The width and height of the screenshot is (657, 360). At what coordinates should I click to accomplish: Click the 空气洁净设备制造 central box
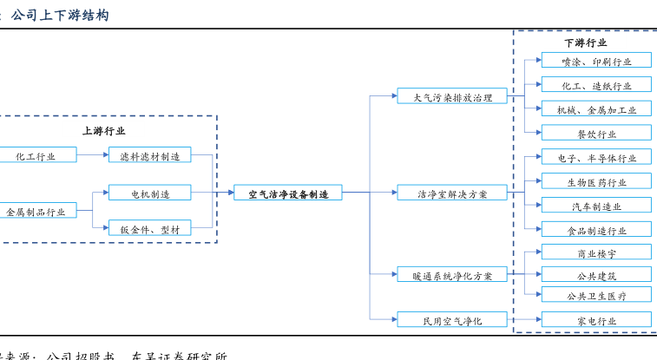coord(288,193)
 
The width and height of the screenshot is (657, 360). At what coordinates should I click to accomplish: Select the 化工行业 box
coord(36,156)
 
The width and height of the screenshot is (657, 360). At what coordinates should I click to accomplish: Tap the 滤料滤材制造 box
coord(149,156)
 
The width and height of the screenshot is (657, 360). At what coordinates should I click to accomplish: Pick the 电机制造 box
coord(149,193)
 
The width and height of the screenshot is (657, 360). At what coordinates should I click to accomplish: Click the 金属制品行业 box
coord(36,212)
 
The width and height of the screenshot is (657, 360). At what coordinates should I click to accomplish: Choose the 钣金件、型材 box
coord(149,229)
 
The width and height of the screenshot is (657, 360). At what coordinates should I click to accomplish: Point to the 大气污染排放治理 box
coord(452,97)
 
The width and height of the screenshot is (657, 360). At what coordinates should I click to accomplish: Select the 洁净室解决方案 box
coord(452,193)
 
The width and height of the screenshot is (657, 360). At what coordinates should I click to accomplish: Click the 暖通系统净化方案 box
coord(452,276)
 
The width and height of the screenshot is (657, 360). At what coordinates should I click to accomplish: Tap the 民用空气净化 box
coord(452,321)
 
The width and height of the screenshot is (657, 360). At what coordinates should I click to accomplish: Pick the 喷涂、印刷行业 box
coord(596,62)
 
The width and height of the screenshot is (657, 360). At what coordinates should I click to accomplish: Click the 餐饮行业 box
coord(596,134)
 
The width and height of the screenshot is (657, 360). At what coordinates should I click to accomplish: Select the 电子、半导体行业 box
coord(596,158)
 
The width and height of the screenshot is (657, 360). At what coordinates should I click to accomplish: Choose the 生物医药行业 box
coord(596,182)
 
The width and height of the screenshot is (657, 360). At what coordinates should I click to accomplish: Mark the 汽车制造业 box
coord(596,206)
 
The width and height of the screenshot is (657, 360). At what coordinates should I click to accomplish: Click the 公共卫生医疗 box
coord(596,296)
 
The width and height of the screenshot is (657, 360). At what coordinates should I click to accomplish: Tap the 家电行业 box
coord(596,321)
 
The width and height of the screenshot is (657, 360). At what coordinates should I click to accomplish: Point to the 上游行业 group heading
coord(103,131)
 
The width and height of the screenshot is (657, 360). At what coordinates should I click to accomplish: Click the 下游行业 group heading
coord(585,43)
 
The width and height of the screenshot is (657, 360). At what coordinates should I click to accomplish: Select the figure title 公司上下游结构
coord(60,15)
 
